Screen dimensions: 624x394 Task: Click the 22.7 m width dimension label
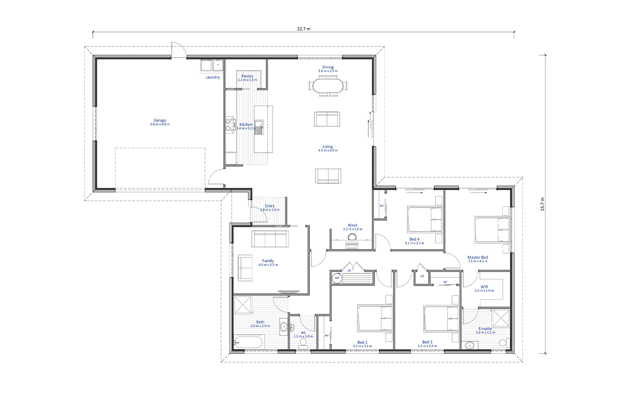pyautogui.click(x=304, y=29)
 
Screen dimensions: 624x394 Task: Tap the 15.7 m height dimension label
pyautogui.click(x=542, y=204)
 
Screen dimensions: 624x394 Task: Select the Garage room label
pyautogui.click(x=160, y=120)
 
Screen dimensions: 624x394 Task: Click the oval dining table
pyautogui.click(x=328, y=86)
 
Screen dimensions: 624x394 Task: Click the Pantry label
pyautogui.click(x=247, y=76)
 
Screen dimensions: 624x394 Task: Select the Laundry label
pyautogui.click(x=213, y=77)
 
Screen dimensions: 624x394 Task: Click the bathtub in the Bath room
pyautogui.click(x=248, y=342)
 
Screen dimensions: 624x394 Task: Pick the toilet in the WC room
pyautogui.click(x=303, y=343)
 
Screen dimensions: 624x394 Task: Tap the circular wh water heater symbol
pyautogui.click(x=337, y=278)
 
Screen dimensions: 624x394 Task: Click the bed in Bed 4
pyautogui.click(x=425, y=219)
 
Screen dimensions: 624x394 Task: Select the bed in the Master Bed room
pyautogui.click(x=492, y=230)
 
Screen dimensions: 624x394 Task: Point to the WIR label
pyautogui.click(x=484, y=287)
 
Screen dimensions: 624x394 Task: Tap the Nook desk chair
pyautogui.click(x=352, y=237)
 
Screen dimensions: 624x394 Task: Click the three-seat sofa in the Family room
pyautogui.click(x=270, y=239)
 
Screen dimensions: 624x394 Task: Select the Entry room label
pyautogui.click(x=270, y=206)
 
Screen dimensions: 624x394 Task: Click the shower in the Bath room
pyautogui.click(x=243, y=305)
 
